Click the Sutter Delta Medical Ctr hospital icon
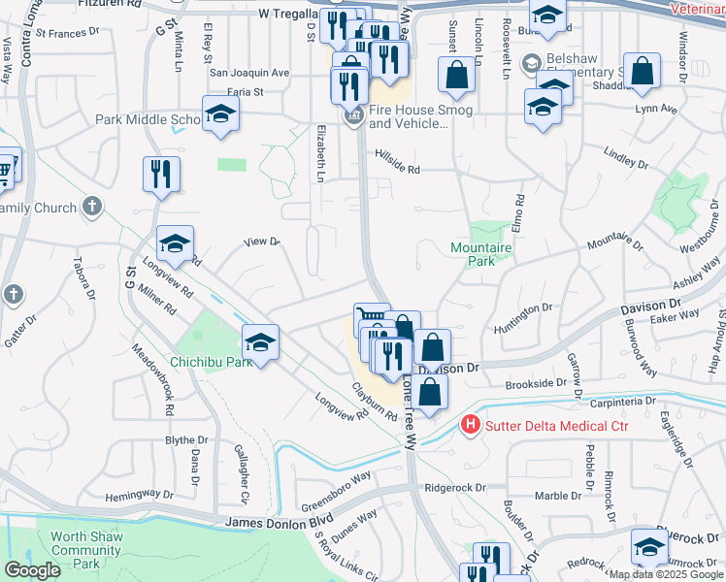471,425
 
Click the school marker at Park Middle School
220,115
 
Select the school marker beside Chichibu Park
260,341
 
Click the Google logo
32,570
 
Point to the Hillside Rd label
399,169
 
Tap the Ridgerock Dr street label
452,488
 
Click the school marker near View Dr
176,244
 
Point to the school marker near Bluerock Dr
649,547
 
